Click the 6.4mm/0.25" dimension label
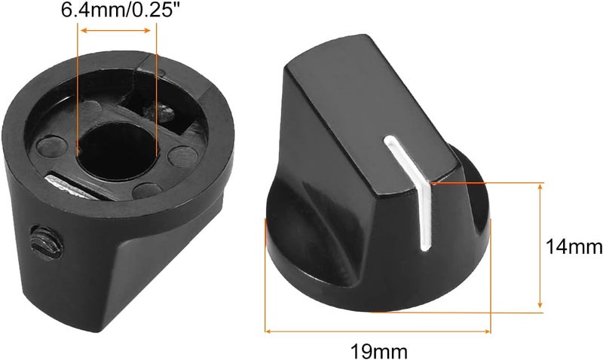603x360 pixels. click(x=121, y=9)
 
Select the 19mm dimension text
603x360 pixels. click(x=379, y=351)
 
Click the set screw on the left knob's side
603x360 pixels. click(x=46, y=243)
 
